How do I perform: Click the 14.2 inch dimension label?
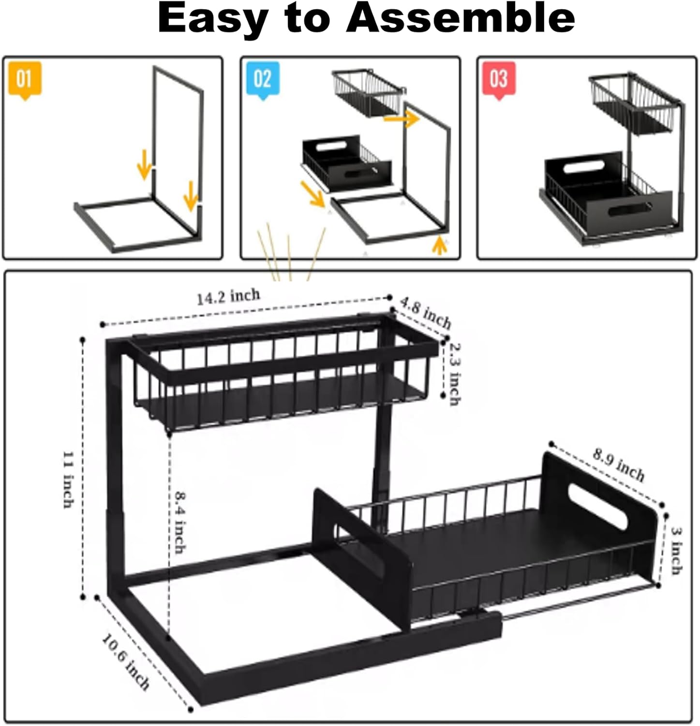tap(228, 296)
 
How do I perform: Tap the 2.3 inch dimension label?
tap(455, 374)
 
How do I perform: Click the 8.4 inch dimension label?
tap(180, 523)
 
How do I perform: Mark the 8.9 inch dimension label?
tap(619, 465)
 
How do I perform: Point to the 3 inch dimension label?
tap(677, 550)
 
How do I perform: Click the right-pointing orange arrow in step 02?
tap(401, 118)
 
